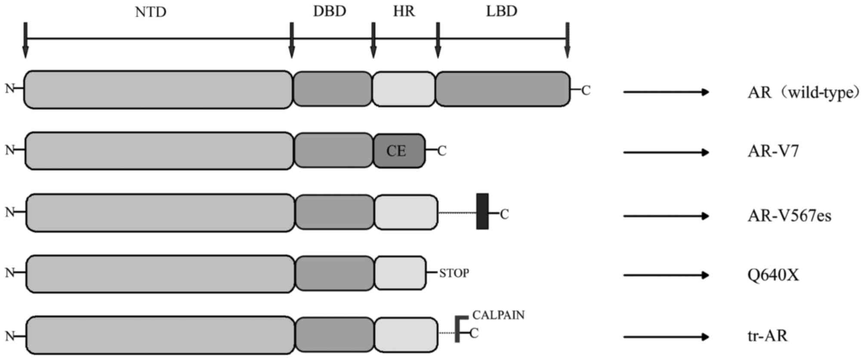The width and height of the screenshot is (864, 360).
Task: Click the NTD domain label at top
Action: [x=151, y=12]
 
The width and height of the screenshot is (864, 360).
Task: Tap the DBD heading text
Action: [x=330, y=11]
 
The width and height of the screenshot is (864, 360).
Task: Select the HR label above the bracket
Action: [x=404, y=11]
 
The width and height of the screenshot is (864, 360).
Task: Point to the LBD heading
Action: [x=502, y=11]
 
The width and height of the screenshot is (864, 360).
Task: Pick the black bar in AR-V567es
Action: [x=482, y=211]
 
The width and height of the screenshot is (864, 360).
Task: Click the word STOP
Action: [x=454, y=273]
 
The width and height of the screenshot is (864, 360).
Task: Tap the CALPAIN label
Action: [x=498, y=315]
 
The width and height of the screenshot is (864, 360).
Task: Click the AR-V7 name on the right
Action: [x=773, y=151]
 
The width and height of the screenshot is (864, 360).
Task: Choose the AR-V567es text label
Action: [x=789, y=215]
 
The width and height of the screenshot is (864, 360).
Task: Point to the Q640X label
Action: [x=773, y=275]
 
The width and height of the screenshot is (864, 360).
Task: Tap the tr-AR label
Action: [x=767, y=336]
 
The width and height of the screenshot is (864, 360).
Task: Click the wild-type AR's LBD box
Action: [x=503, y=89]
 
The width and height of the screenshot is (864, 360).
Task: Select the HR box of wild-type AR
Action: [x=404, y=89]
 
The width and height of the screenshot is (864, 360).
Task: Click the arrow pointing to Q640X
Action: [x=666, y=275]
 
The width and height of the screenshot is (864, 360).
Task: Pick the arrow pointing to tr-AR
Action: [x=666, y=337]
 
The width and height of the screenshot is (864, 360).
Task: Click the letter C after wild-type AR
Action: [x=586, y=91]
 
